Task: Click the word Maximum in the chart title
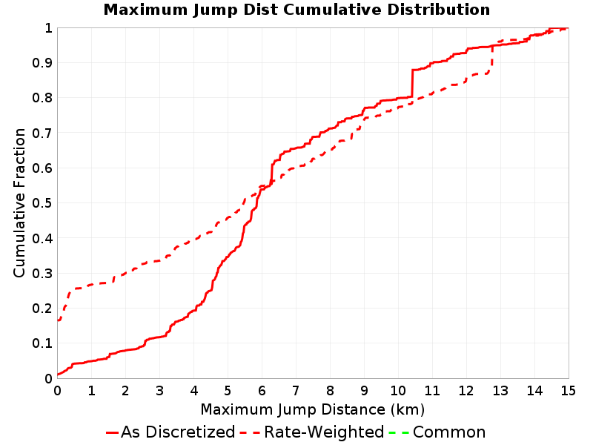click(146, 10)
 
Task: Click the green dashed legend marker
click(399, 432)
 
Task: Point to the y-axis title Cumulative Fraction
click(19, 202)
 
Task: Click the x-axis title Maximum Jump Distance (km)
click(313, 409)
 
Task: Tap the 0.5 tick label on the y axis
click(42, 203)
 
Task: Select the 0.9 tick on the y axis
click(42, 63)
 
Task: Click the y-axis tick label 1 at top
click(48, 28)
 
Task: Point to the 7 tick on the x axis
click(296, 391)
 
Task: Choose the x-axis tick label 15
click(568, 391)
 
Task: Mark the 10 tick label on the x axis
click(398, 391)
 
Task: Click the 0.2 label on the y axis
click(42, 309)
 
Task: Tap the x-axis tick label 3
click(159, 391)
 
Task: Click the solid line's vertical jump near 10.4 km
click(412, 83)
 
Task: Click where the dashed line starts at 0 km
click(58, 320)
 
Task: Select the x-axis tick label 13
click(500, 391)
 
